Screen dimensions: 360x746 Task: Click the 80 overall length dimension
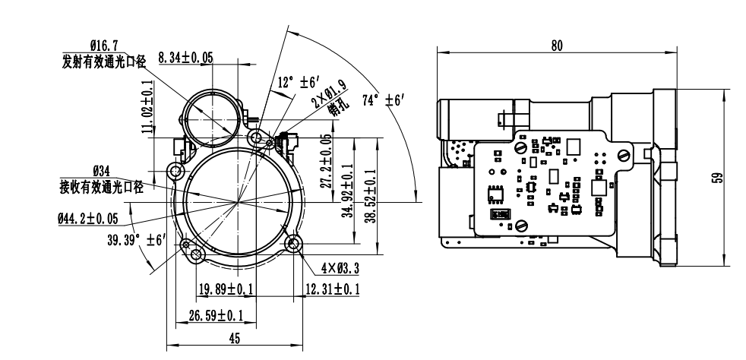click(x=557, y=46)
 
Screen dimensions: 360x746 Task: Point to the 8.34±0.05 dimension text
click(x=185, y=58)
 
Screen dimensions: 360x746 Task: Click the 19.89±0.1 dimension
click(x=226, y=289)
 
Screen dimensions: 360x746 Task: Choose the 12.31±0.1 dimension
click(x=332, y=289)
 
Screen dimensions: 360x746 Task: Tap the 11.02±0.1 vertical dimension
click(x=147, y=107)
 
